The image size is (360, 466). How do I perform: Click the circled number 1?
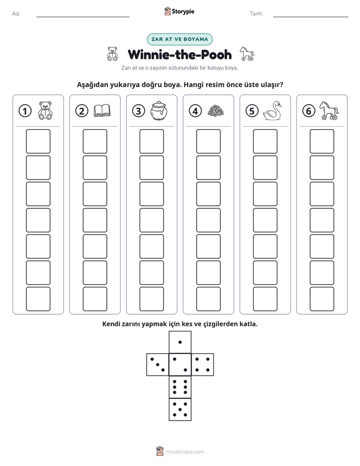coord(25,111)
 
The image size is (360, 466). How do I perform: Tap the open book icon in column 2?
coord(102,111)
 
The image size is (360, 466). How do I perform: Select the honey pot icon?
coord(159,111)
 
